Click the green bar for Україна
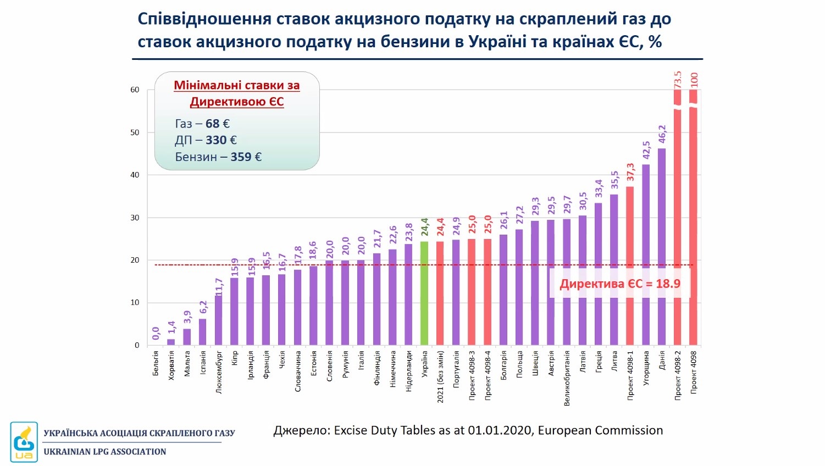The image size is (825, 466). pos(424,293)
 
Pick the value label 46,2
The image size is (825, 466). pos(662,134)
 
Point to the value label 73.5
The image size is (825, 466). pos(678,80)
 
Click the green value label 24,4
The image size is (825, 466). pos(424,227)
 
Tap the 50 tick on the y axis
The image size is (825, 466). pos(135,132)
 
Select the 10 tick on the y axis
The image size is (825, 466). pos(135,303)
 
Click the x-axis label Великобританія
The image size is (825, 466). pos(567,379)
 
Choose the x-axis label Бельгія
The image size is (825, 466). pos(156,363)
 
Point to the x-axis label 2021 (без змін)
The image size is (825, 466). pos(440,377)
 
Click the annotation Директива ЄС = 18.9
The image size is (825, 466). pos(620,284)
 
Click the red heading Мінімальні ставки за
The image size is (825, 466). pos(237,85)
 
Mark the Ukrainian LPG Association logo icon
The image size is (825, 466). pos(24,442)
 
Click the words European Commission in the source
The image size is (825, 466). pos(600,430)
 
